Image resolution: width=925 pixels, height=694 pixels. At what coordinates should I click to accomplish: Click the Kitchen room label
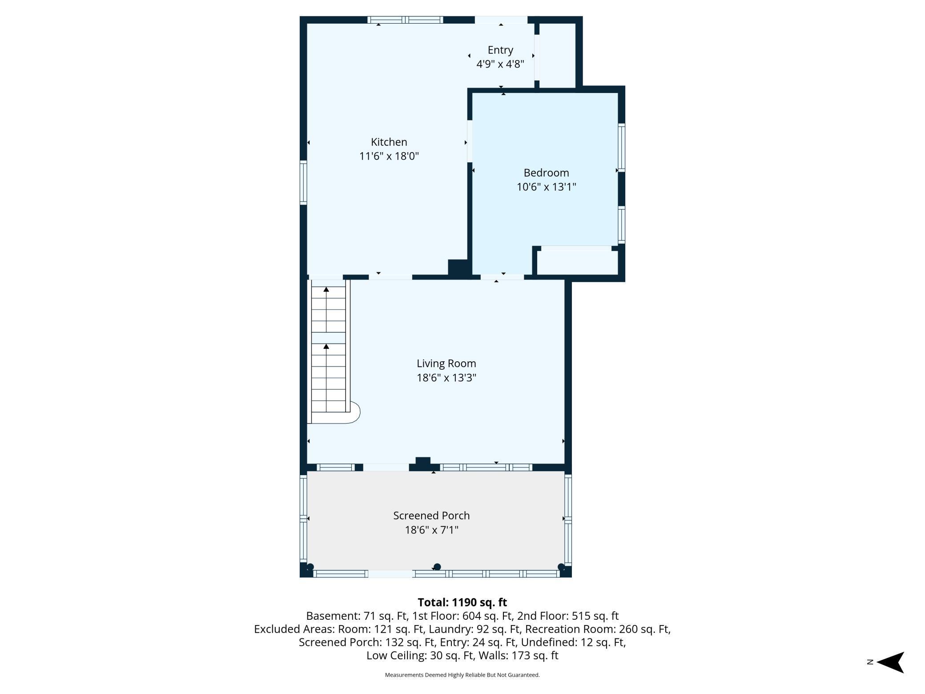click(389, 142)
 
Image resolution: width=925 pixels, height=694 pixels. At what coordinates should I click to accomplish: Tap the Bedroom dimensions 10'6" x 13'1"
click(546, 187)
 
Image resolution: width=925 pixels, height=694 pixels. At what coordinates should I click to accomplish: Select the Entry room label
click(500, 50)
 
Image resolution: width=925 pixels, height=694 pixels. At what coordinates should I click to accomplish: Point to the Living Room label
click(446, 364)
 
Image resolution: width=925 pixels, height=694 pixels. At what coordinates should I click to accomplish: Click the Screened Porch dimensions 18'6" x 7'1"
click(431, 530)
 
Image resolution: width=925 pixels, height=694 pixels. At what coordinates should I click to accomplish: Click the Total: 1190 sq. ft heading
click(462, 602)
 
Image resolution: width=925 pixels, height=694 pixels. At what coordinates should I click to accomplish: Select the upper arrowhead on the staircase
click(326, 289)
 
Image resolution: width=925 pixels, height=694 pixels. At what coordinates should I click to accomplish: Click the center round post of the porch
click(437, 567)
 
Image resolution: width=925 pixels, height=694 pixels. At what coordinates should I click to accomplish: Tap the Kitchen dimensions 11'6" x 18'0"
click(389, 156)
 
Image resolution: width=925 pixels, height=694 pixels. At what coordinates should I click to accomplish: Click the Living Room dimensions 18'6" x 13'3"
click(446, 378)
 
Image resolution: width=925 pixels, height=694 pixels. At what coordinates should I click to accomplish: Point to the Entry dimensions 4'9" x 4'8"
click(500, 64)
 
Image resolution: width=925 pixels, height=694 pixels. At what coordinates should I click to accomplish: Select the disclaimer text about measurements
click(462, 675)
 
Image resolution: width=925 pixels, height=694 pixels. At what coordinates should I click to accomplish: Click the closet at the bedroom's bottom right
click(577, 262)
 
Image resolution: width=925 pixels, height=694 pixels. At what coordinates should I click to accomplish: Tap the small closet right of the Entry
click(558, 55)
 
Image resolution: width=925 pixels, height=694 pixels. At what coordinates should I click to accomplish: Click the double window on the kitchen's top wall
click(405, 20)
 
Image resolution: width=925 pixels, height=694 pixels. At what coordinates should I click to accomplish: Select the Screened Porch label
click(431, 516)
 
